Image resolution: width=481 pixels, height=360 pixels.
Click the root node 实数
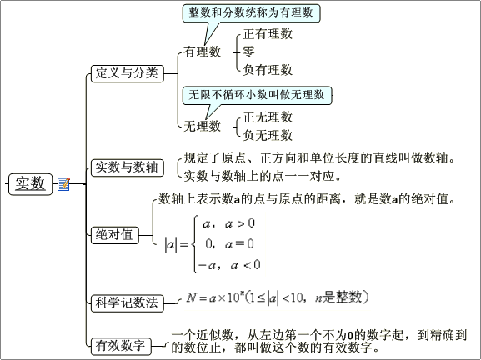coord(30,184)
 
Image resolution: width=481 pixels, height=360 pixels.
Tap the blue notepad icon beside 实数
coord(64,184)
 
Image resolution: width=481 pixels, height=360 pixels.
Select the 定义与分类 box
coord(128,73)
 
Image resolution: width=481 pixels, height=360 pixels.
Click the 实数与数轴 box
coord(128,167)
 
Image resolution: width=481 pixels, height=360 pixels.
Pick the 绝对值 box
coord(115,235)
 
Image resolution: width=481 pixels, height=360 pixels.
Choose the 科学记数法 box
coord(128,303)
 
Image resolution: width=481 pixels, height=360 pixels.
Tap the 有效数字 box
coord(121,346)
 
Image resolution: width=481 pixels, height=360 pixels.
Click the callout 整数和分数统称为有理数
coord(251,13)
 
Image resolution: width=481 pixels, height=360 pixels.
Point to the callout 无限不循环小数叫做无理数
coord(257,95)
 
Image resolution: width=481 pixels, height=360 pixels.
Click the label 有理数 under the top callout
coord(203,52)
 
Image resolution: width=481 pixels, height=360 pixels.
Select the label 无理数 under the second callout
coord(203,126)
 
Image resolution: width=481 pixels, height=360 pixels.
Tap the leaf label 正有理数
coord(268,33)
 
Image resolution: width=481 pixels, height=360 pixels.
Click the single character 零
coord(248,52)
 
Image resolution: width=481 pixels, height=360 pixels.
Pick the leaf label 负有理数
coord(268,70)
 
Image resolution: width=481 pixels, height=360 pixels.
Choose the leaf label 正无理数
coord(268,117)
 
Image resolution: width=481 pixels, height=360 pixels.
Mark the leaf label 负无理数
coord(268,135)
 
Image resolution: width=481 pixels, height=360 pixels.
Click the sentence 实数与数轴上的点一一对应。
coord(263,176)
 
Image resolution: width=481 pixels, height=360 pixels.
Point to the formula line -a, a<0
coord(229,265)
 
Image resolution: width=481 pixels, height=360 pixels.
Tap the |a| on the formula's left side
coord(171,244)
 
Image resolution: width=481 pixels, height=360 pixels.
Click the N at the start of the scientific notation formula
coord(191,297)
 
